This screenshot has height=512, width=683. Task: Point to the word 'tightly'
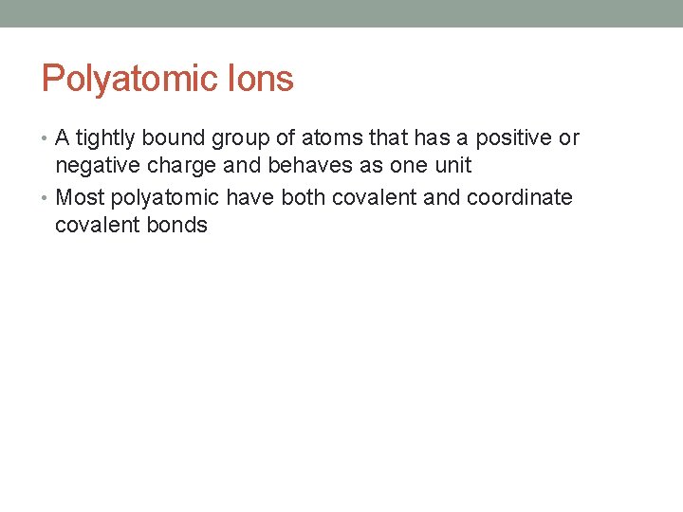(106, 138)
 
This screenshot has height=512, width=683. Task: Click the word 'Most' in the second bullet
(81, 197)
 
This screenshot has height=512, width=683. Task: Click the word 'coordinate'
(520, 197)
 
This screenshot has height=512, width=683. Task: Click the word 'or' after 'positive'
(569, 138)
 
